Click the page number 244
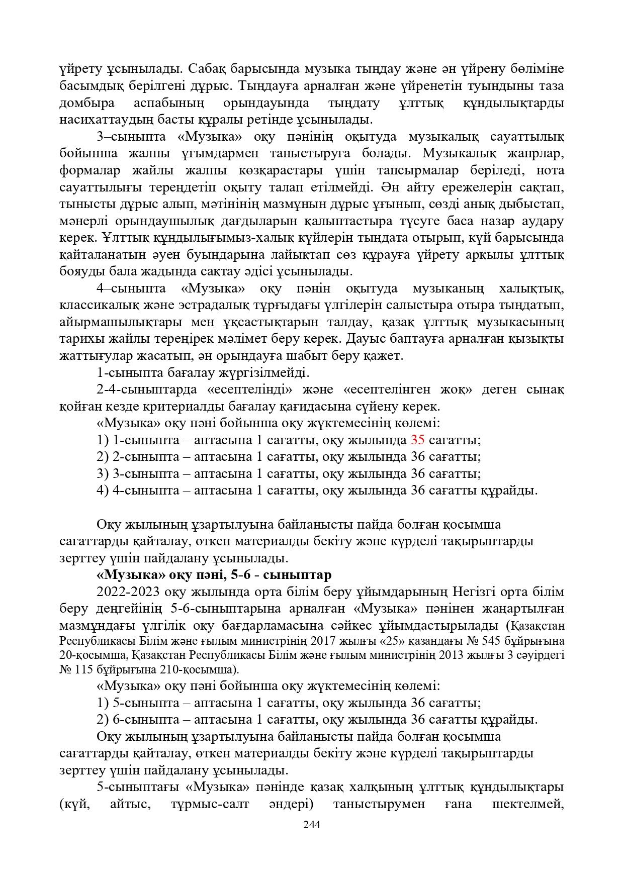pos(312,825)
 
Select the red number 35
pos(418,440)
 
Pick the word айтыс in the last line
pos(130,804)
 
